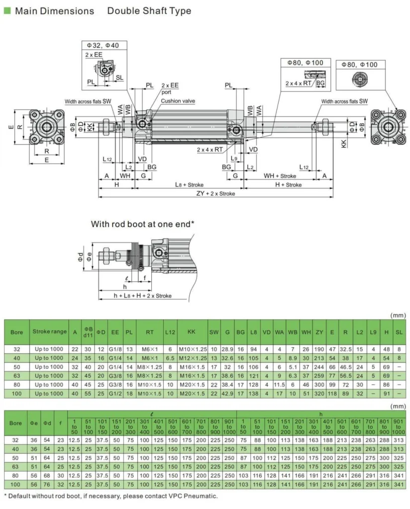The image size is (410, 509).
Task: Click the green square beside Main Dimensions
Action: [7, 10]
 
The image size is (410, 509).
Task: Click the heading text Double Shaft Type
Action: [149, 10]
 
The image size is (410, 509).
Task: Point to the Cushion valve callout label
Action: [178, 101]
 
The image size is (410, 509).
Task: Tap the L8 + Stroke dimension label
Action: [189, 184]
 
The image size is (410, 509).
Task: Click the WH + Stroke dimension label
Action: [280, 175]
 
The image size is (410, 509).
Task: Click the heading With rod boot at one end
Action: [142, 224]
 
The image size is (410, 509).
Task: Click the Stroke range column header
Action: [49, 332]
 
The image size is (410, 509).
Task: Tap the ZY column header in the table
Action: [319, 332]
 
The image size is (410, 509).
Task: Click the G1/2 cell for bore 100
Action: [115, 394]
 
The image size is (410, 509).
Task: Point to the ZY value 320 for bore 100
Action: [319, 394]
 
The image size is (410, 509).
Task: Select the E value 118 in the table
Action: [332, 394]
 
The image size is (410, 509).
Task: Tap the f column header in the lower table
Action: [61, 424]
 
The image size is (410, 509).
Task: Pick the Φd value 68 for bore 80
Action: [47, 475]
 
